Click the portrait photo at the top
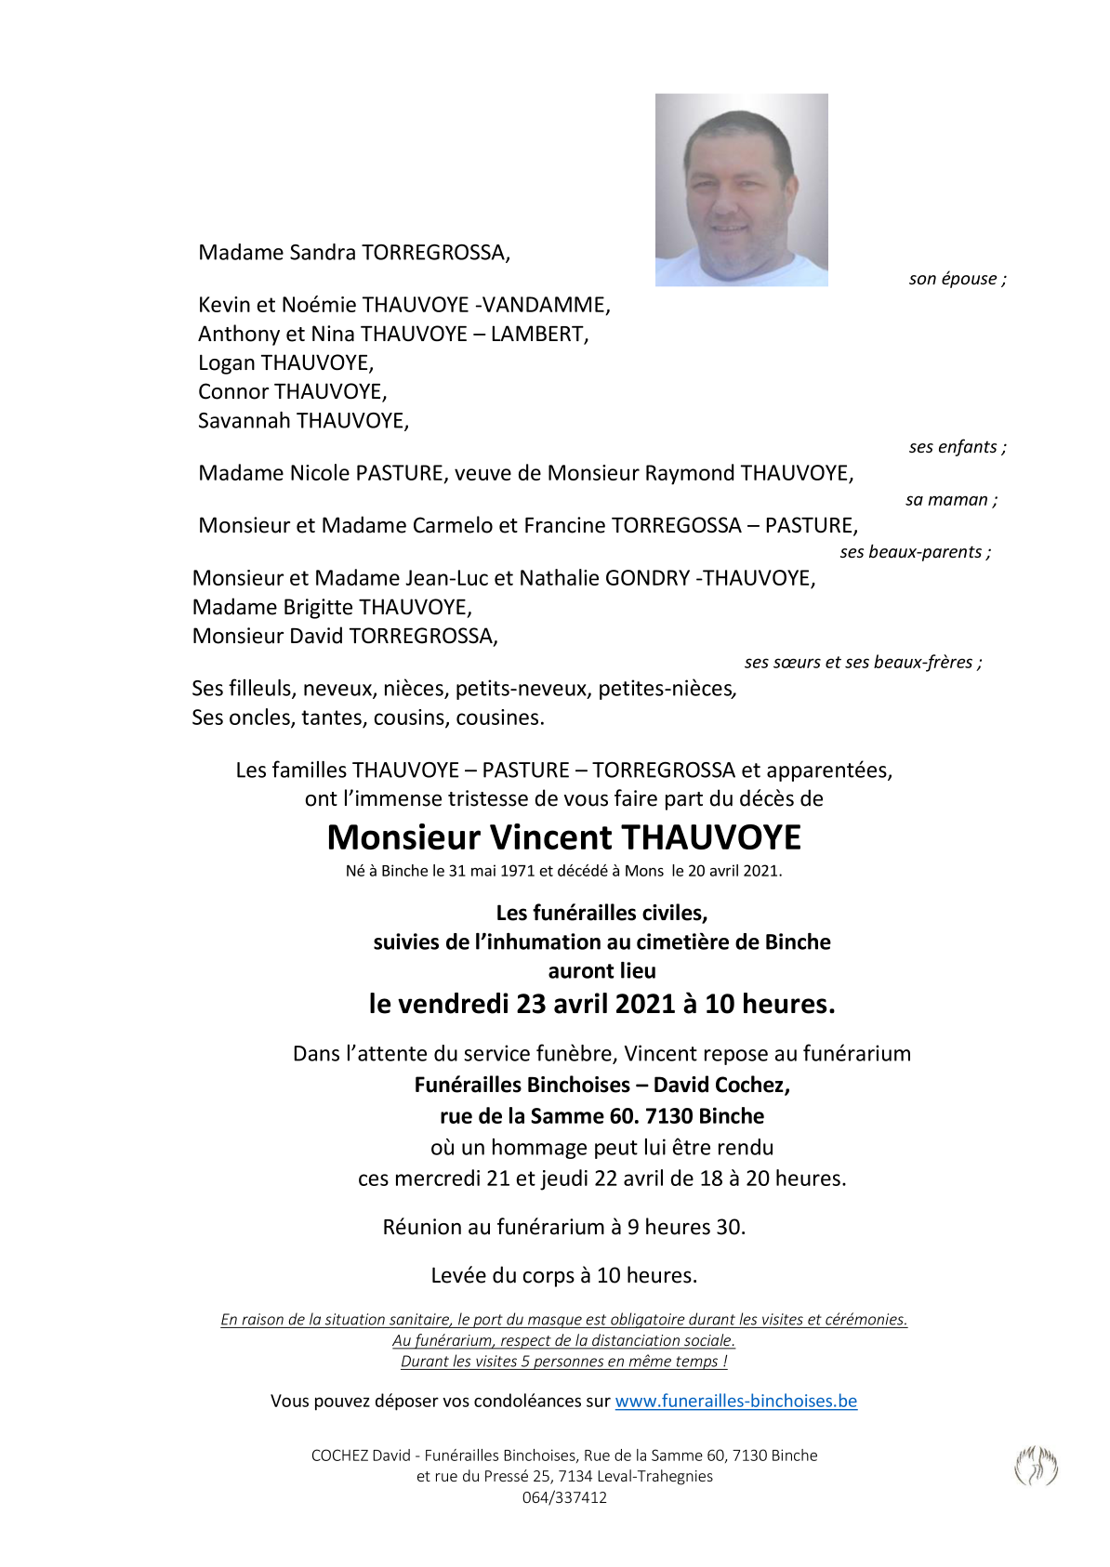click(x=741, y=190)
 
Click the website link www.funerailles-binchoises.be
click(x=735, y=1401)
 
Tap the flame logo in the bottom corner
click(x=1036, y=1467)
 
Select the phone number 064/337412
click(x=564, y=1497)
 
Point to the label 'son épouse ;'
click(x=957, y=279)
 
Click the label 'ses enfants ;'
click(x=957, y=447)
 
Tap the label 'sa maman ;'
click(x=951, y=500)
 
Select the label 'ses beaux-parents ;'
click(x=915, y=552)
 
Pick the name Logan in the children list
click(x=226, y=362)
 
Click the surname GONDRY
click(x=646, y=578)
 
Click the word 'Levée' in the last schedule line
click(x=458, y=1275)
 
